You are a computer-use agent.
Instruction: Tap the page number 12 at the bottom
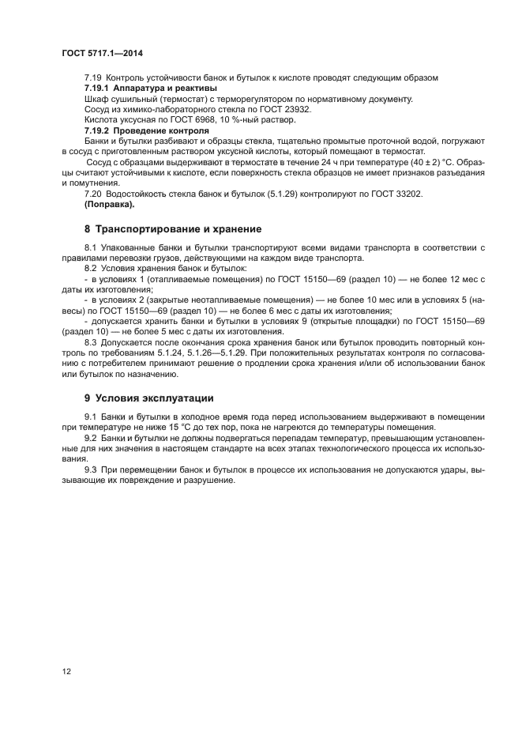tap(66, 671)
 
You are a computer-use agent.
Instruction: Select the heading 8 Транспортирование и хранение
tap(173, 229)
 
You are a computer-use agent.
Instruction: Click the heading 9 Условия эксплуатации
tap(149, 398)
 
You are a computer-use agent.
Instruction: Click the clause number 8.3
tap(91, 341)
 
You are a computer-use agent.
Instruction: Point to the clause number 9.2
tap(91, 437)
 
